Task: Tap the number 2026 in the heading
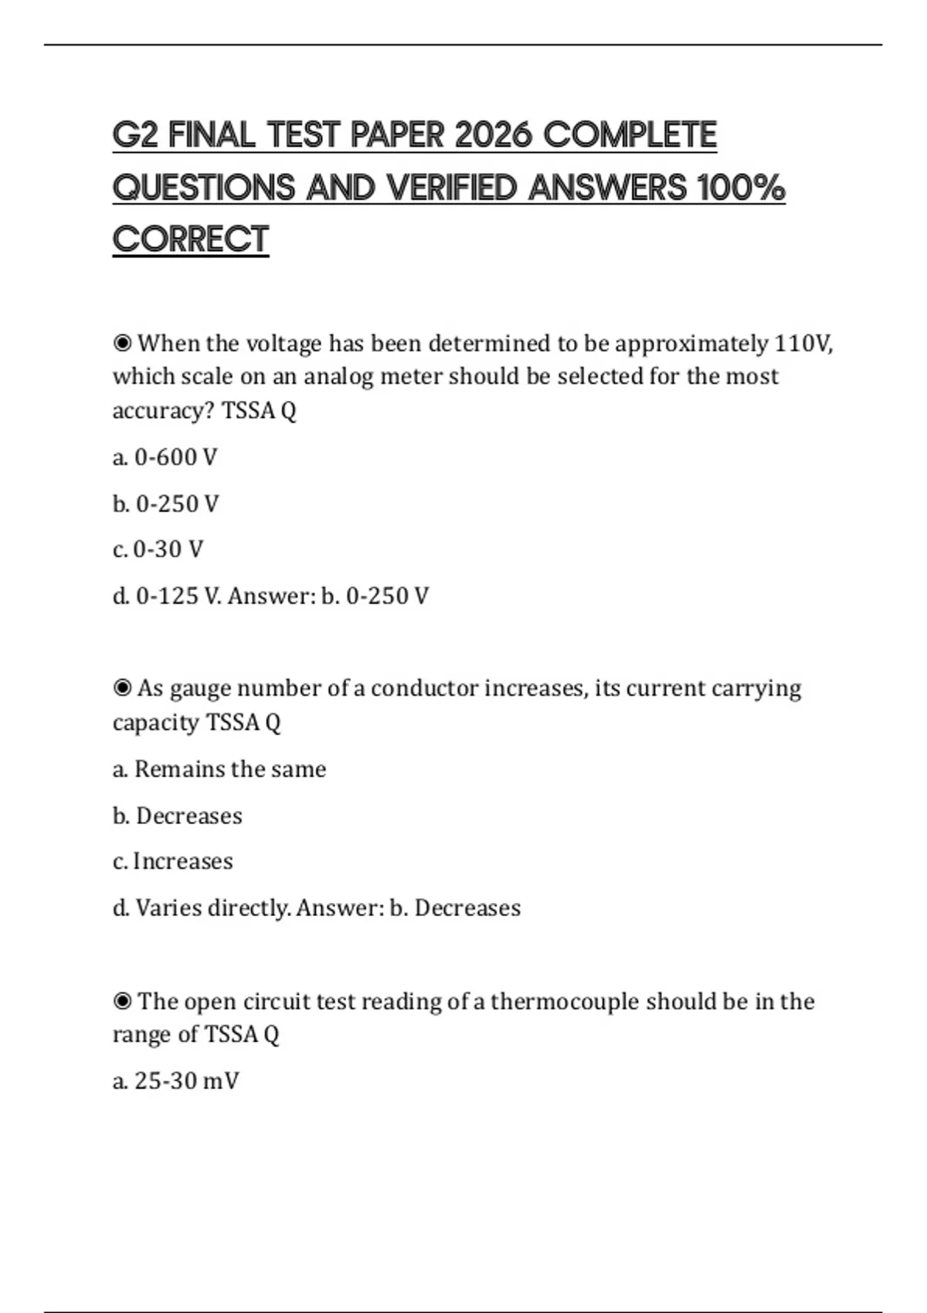pyautogui.click(x=494, y=135)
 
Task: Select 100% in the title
pyautogui.click(x=741, y=188)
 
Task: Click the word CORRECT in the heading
pyautogui.click(x=191, y=239)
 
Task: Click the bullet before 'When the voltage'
pyautogui.click(x=122, y=343)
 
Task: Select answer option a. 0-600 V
pyautogui.click(x=165, y=457)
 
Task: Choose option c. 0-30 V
pyautogui.click(x=158, y=549)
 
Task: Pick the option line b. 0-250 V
pyautogui.click(x=166, y=504)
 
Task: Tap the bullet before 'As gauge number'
pyautogui.click(x=122, y=687)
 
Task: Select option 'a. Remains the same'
pyautogui.click(x=219, y=769)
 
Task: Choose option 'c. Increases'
pyautogui.click(x=173, y=861)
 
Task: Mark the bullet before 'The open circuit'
pyautogui.click(x=122, y=1001)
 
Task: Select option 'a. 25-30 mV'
pyautogui.click(x=176, y=1081)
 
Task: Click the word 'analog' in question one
pyautogui.click(x=338, y=377)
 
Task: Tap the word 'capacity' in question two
pyautogui.click(x=156, y=722)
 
